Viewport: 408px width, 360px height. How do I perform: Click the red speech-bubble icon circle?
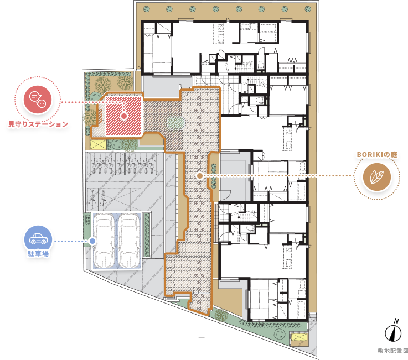pos(38,100)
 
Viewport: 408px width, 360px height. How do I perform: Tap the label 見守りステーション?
pos(38,124)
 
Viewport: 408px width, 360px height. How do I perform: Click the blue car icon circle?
pos(38,239)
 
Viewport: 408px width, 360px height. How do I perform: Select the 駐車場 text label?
pos(38,253)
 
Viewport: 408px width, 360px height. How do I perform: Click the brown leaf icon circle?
pos(377,177)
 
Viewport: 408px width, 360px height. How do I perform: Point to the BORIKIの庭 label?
pos(377,155)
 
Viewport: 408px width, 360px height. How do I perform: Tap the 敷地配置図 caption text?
pos(393,351)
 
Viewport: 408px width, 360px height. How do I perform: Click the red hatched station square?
pos(123,116)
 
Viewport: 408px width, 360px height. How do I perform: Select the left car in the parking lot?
pos(104,241)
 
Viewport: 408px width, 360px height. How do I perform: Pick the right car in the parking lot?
pos(129,241)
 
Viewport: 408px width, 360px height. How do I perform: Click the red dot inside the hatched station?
pos(124,116)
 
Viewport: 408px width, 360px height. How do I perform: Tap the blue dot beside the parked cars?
pos(92,241)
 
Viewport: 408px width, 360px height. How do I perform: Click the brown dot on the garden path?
pos(200,176)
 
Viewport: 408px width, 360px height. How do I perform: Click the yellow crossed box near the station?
pos(98,144)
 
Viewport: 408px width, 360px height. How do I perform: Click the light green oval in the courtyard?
pos(175,123)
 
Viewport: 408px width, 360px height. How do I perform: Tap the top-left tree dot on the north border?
pos(147,9)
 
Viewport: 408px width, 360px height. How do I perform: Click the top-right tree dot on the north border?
pos(308,9)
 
